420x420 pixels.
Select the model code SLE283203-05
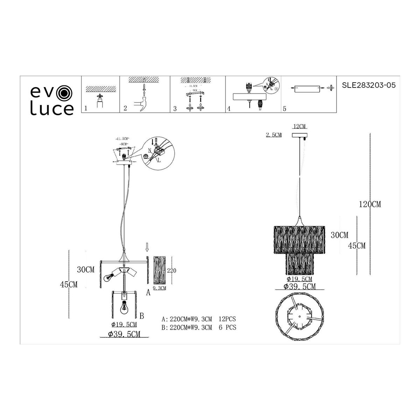point(368,85)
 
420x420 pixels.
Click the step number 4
point(229,109)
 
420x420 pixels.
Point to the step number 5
point(285,109)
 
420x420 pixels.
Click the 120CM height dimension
point(370,204)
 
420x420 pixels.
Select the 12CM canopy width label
point(300,126)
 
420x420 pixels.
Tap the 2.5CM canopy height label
point(274,135)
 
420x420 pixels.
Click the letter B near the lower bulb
point(142,316)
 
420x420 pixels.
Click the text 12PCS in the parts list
point(227,319)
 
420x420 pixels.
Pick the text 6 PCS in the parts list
point(227,328)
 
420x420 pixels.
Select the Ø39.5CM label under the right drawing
point(300,287)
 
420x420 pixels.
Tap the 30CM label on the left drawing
point(86,270)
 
